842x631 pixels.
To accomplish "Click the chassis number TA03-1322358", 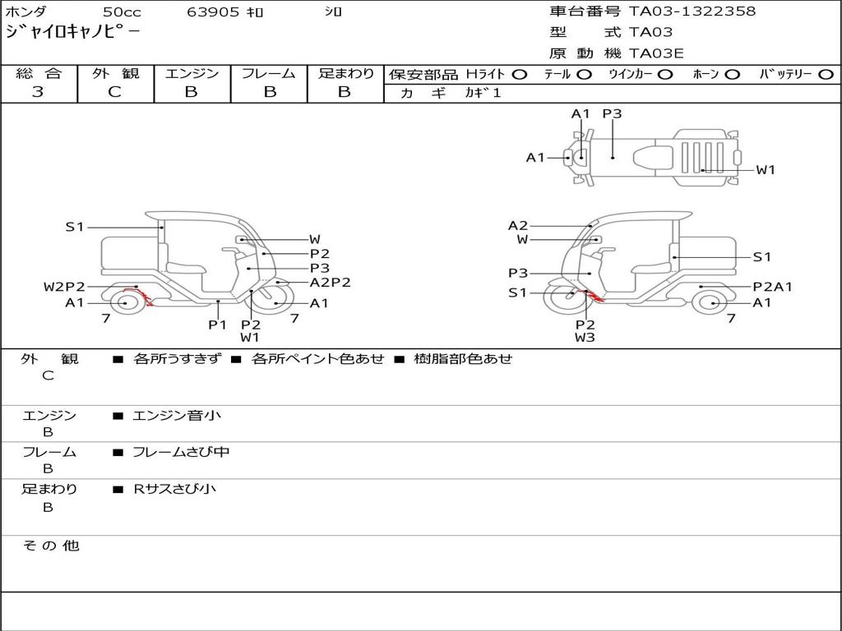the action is [692, 12].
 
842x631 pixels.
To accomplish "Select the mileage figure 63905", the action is [213, 12].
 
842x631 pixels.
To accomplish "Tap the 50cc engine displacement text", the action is [122, 12].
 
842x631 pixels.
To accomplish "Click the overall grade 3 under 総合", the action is [38, 92].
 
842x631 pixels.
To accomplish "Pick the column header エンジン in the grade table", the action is [192, 73].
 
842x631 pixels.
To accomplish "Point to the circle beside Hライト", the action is [520, 75].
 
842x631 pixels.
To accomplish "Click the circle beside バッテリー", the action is [826, 75].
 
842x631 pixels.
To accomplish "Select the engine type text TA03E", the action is [656, 53].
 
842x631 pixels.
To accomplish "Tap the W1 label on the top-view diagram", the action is [766, 170].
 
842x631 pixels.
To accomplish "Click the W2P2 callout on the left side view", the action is [64, 287].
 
